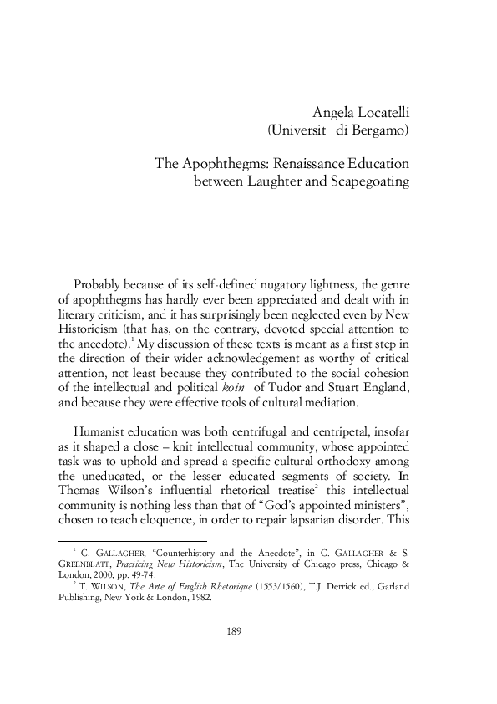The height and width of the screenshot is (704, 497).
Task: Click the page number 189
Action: (x=235, y=654)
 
